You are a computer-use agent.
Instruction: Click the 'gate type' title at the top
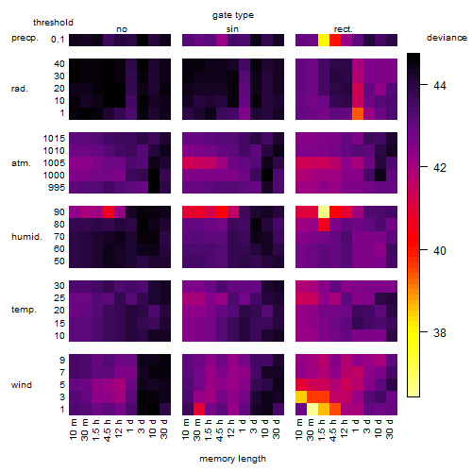pyautogui.click(x=233, y=15)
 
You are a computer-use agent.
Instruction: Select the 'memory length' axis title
pyautogui.click(x=232, y=459)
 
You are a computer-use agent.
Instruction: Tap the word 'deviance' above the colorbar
pyautogui.click(x=447, y=38)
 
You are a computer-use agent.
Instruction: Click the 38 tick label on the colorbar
pyautogui.click(x=439, y=332)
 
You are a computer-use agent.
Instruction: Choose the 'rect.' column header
pyautogui.click(x=343, y=29)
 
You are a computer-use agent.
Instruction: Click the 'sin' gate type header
pyautogui.click(x=232, y=29)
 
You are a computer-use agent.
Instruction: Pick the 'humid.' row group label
pyautogui.click(x=26, y=236)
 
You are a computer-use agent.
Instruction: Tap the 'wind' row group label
pyautogui.click(x=22, y=384)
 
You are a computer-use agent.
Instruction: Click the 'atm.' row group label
pyautogui.click(x=21, y=163)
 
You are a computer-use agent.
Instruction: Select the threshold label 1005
pyautogui.click(x=54, y=163)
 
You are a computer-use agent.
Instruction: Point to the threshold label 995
pyautogui.click(x=57, y=188)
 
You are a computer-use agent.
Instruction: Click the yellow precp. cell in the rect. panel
pyautogui.click(x=324, y=40)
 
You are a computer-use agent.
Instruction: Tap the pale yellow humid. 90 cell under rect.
pyautogui.click(x=324, y=212)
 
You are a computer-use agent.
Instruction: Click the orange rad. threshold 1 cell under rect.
pyautogui.click(x=358, y=113)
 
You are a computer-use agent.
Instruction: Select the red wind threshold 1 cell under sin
pyautogui.click(x=199, y=409)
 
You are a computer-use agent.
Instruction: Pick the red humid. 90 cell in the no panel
pyautogui.click(x=109, y=212)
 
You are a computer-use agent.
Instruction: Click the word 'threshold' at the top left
pyautogui.click(x=53, y=23)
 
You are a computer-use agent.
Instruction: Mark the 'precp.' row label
pyautogui.click(x=25, y=38)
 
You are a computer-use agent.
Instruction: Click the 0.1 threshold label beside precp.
pyautogui.click(x=58, y=40)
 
